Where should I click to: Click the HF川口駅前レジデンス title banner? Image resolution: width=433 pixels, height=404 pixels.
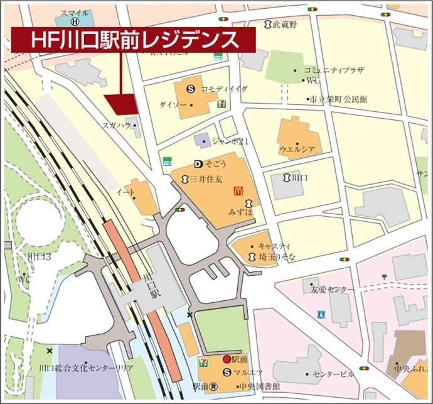(134, 40)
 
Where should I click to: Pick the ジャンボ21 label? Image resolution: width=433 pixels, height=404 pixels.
(231, 141)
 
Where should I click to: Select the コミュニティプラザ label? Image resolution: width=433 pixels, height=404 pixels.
(333, 70)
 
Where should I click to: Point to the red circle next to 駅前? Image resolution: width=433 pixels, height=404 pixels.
(227, 359)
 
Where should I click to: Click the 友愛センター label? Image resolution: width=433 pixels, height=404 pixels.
(332, 289)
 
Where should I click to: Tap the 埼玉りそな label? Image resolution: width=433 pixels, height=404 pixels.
(277, 257)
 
